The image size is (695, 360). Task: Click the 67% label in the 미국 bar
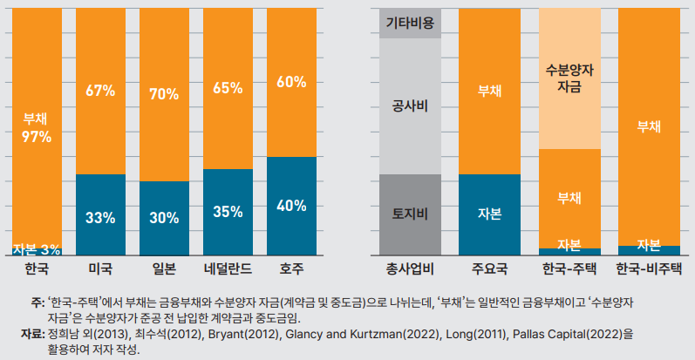(x=100, y=89)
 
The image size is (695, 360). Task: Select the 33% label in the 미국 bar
(x=100, y=217)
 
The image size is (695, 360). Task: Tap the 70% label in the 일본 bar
(x=164, y=93)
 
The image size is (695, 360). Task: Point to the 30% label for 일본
(x=164, y=218)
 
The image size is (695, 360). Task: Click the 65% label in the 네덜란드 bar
(x=228, y=87)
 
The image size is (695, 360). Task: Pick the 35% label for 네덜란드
(x=228, y=211)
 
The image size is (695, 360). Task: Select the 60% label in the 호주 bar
(x=291, y=82)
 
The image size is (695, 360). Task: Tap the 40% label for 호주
(x=291, y=206)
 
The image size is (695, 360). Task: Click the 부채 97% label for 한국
(x=37, y=128)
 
